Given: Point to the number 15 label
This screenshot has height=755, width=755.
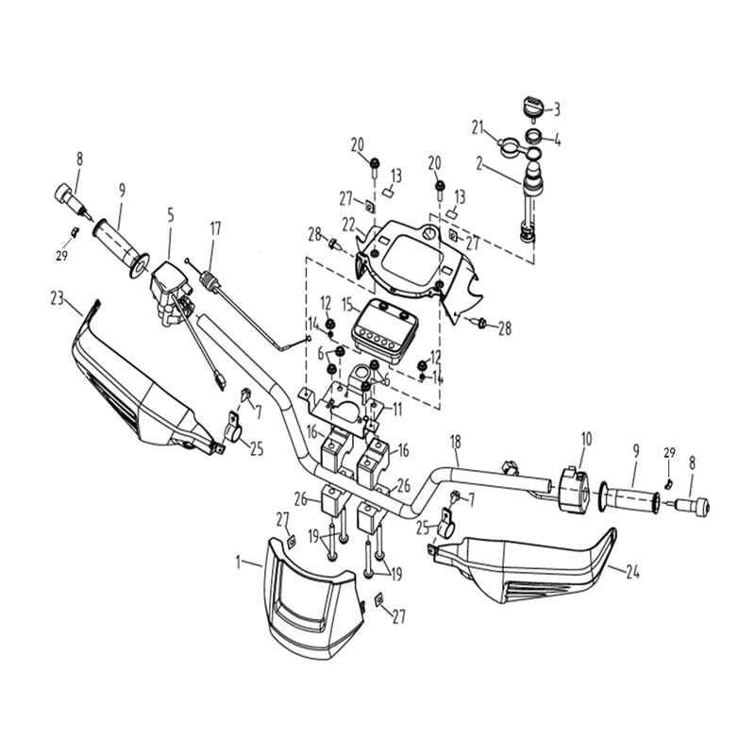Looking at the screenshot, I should (x=347, y=305).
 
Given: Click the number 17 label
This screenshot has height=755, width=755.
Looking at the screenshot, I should (x=215, y=227).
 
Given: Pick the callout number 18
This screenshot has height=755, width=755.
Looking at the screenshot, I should (x=456, y=442).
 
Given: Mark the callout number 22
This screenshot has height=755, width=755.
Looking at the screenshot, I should (x=348, y=224).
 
